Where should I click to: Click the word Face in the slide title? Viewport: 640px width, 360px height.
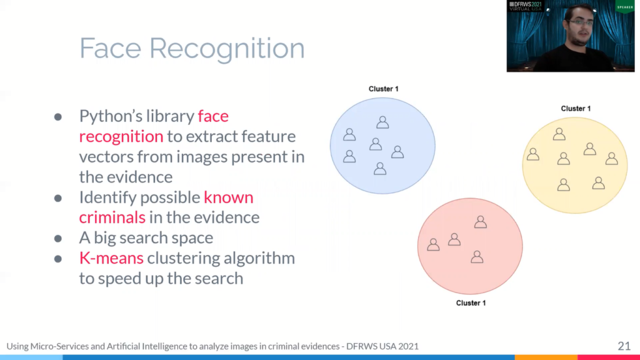[110, 48]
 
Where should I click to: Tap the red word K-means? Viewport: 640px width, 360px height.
[111, 258]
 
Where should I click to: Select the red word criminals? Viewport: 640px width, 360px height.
[112, 217]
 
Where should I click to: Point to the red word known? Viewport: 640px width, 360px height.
[229, 197]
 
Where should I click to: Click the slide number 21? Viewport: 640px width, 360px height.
[624, 346]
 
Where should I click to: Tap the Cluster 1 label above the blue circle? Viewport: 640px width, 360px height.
[383, 89]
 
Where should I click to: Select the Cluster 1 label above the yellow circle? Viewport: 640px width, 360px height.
[576, 109]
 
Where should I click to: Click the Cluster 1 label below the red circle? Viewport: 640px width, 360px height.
[471, 303]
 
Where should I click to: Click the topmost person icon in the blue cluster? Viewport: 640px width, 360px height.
[382, 122]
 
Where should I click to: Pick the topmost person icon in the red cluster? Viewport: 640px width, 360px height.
[481, 222]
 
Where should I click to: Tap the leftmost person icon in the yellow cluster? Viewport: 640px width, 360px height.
[533, 154]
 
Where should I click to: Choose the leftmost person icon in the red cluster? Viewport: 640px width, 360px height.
[433, 244]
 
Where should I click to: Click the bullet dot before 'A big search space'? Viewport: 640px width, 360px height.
[58, 238]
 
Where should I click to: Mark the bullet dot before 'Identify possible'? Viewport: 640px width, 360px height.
[58, 198]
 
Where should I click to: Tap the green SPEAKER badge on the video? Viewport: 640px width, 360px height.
[625, 6]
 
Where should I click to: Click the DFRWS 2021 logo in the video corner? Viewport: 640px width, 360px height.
[525, 6]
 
